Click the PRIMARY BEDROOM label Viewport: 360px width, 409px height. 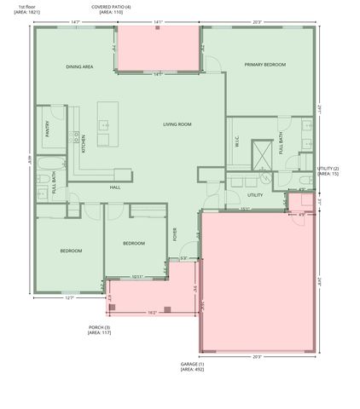point(264,65)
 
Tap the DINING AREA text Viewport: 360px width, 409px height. point(79,66)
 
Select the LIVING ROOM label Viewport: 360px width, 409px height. point(177,124)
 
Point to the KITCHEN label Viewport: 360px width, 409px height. point(83,143)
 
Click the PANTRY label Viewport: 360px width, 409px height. point(48,128)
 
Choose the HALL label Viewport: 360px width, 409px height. point(114,187)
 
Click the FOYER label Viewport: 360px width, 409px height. point(175,234)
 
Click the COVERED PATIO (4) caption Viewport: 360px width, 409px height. point(111,6)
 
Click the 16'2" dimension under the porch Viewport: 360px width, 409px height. point(151,313)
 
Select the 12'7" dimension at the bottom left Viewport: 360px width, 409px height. point(70,298)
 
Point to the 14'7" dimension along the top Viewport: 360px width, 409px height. point(75,22)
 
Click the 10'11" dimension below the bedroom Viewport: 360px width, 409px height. point(137,276)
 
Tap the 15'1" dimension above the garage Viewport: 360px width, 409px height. point(245,209)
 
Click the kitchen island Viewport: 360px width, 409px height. point(107,124)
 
